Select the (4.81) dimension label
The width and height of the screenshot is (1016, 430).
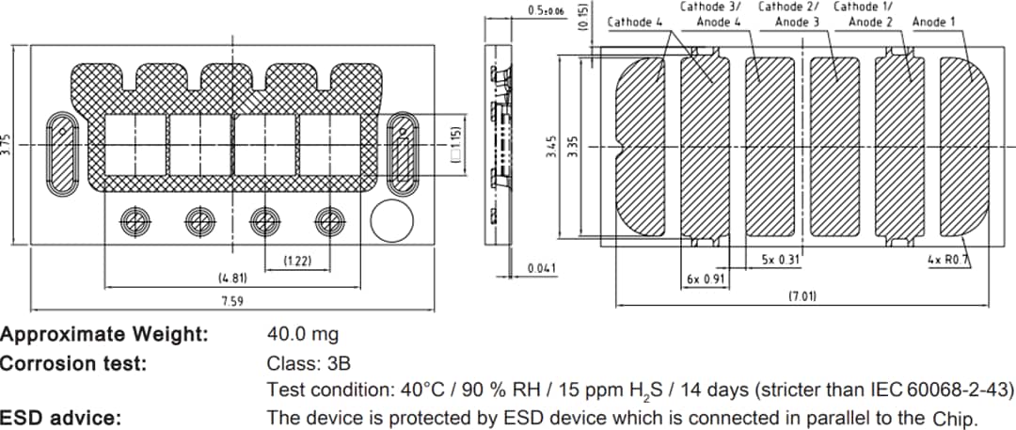[x=232, y=279]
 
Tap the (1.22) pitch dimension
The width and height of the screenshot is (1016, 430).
[x=297, y=260]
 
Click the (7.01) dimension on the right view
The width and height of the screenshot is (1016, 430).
[x=802, y=296]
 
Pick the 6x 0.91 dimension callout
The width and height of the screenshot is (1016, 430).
[x=706, y=279]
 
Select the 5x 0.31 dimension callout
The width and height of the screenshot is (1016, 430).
[x=780, y=259]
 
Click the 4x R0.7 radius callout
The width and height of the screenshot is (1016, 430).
[x=947, y=259]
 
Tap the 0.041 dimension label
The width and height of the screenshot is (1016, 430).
[x=542, y=268]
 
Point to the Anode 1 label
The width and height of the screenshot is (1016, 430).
[x=934, y=22]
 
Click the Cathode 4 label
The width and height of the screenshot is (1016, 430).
[x=635, y=22]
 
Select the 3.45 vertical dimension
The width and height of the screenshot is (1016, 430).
[x=552, y=148]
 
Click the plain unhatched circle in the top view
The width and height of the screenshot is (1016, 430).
[x=391, y=221]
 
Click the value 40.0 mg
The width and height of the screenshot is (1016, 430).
[x=303, y=334]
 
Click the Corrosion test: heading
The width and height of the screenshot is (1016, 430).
[x=73, y=362]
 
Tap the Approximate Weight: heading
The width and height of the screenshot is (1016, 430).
[x=104, y=334]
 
